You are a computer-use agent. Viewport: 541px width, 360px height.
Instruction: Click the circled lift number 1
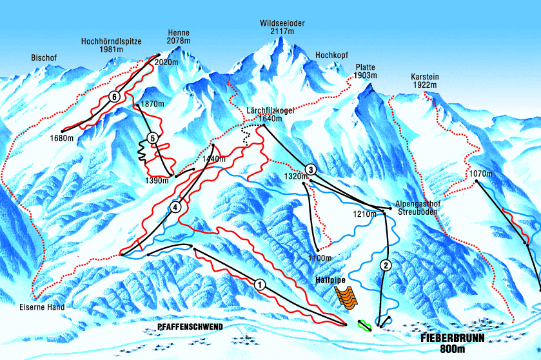click(259, 284)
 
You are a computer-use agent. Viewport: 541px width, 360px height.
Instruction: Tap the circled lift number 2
click(386, 265)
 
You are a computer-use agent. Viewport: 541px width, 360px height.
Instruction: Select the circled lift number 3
click(311, 170)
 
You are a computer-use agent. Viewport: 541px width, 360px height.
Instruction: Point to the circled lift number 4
click(175, 207)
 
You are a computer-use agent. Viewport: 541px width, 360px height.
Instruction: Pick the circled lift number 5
click(152, 137)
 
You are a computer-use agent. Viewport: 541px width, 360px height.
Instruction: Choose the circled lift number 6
click(114, 97)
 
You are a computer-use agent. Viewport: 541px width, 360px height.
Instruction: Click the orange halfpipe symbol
click(347, 297)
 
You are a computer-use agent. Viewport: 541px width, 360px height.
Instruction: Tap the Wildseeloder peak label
click(282, 27)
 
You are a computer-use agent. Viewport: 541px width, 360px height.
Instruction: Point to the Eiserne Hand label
click(42, 308)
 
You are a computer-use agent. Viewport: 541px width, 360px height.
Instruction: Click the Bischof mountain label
click(44, 58)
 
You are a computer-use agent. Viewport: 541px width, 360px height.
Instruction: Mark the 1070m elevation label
click(480, 174)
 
